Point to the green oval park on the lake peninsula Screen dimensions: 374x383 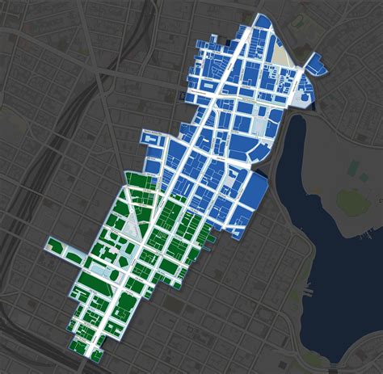pyautogui.click(x=352, y=199)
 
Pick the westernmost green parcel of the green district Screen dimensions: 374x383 pyautogui.click(x=55, y=246)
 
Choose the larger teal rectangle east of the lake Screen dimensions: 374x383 pyautogui.click(x=354, y=167)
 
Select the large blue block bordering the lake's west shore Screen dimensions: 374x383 pyautogui.click(x=255, y=191)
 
